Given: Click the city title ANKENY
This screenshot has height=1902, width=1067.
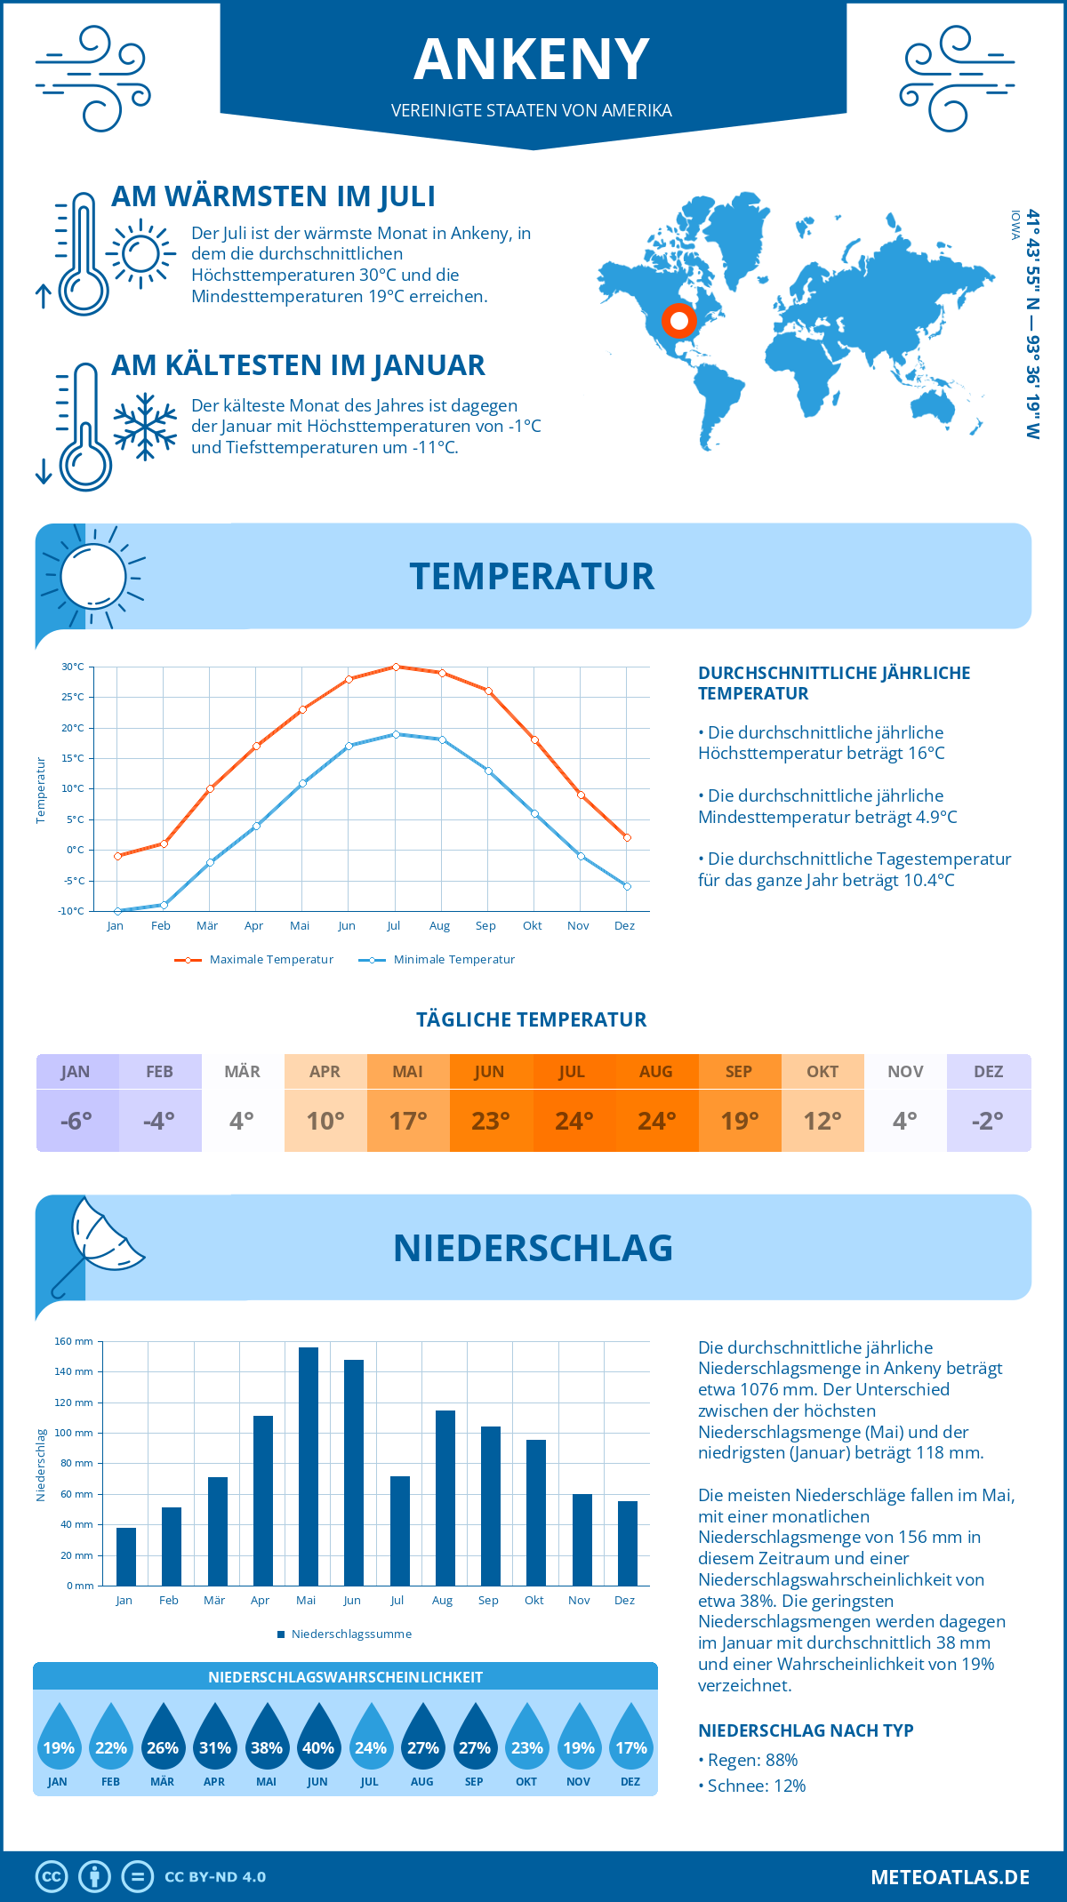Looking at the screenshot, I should pos(532,60).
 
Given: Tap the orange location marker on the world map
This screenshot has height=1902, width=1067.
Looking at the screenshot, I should pos(679,320).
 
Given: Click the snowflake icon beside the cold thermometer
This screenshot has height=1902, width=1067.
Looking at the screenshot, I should pos(145,427).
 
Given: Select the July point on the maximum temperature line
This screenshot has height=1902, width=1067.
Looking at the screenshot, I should pos(396,667).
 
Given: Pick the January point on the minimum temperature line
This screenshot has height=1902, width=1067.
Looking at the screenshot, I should pos(117,911).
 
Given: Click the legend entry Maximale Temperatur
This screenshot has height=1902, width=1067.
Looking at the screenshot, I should pos(255,960).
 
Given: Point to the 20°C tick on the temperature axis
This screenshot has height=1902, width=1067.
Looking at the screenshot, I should pos(73,728).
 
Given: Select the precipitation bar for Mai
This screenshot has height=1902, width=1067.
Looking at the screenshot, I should pos(308,1466).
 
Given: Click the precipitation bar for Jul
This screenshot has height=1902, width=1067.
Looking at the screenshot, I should pos(400,1530).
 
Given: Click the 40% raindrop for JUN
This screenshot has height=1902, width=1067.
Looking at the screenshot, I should pos(318,1738).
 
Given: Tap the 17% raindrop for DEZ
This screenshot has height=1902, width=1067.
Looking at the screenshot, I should pos(630,1738).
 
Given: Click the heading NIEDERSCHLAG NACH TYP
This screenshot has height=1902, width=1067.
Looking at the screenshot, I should pos(806,1730).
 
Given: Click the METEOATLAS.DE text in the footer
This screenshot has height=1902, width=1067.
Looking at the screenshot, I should pos(950,1877).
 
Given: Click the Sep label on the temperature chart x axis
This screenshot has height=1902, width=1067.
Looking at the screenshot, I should pos(485,926).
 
